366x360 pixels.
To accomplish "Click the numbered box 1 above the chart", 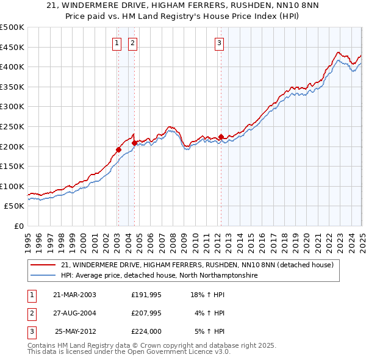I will coord(116,43).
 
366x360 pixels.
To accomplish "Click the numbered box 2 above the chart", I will coord(132,43).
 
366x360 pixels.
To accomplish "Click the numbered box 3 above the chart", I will coord(219,43).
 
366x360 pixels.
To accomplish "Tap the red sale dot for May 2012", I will coord(221,137).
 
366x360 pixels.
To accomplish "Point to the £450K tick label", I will coord(12,47).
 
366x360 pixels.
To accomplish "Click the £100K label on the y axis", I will coord(12,186).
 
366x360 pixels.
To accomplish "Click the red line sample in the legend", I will coord(43,265).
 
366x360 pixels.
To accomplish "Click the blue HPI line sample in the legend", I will coord(43,276).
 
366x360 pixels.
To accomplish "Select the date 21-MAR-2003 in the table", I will coord(74,295).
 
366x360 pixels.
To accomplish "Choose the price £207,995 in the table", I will coord(146,313).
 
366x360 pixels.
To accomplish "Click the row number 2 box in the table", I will coord(30,313).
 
